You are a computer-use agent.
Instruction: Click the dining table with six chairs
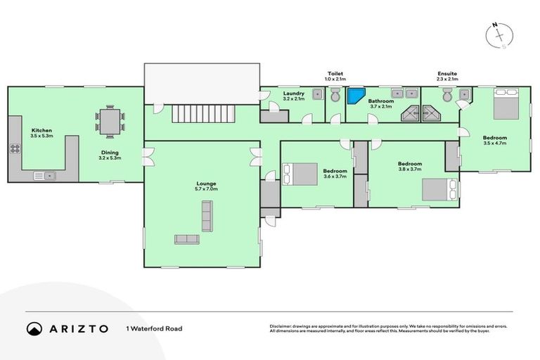pyautogui.click(x=110, y=121)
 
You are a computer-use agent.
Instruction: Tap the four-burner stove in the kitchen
pyautogui.click(x=15, y=149)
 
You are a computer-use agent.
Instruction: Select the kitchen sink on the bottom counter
pyautogui.click(x=43, y=176)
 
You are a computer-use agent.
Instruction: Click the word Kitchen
pyautogui.click(x=41, y=131)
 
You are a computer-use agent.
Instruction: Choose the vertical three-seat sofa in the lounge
pyautogui.click(x=207, y=216)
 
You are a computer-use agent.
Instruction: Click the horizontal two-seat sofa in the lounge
pyautogui.click(x=186, y=239)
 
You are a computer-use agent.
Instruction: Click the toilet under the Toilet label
pyautogui.click(x=335, y=98)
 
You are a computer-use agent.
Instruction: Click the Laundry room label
pyautogui.click(x=293, y=94)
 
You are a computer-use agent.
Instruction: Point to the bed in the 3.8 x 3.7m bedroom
pyautogui.click(x=439, y=189)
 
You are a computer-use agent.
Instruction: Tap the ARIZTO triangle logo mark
pyautogui.click(x=34, y=328)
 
